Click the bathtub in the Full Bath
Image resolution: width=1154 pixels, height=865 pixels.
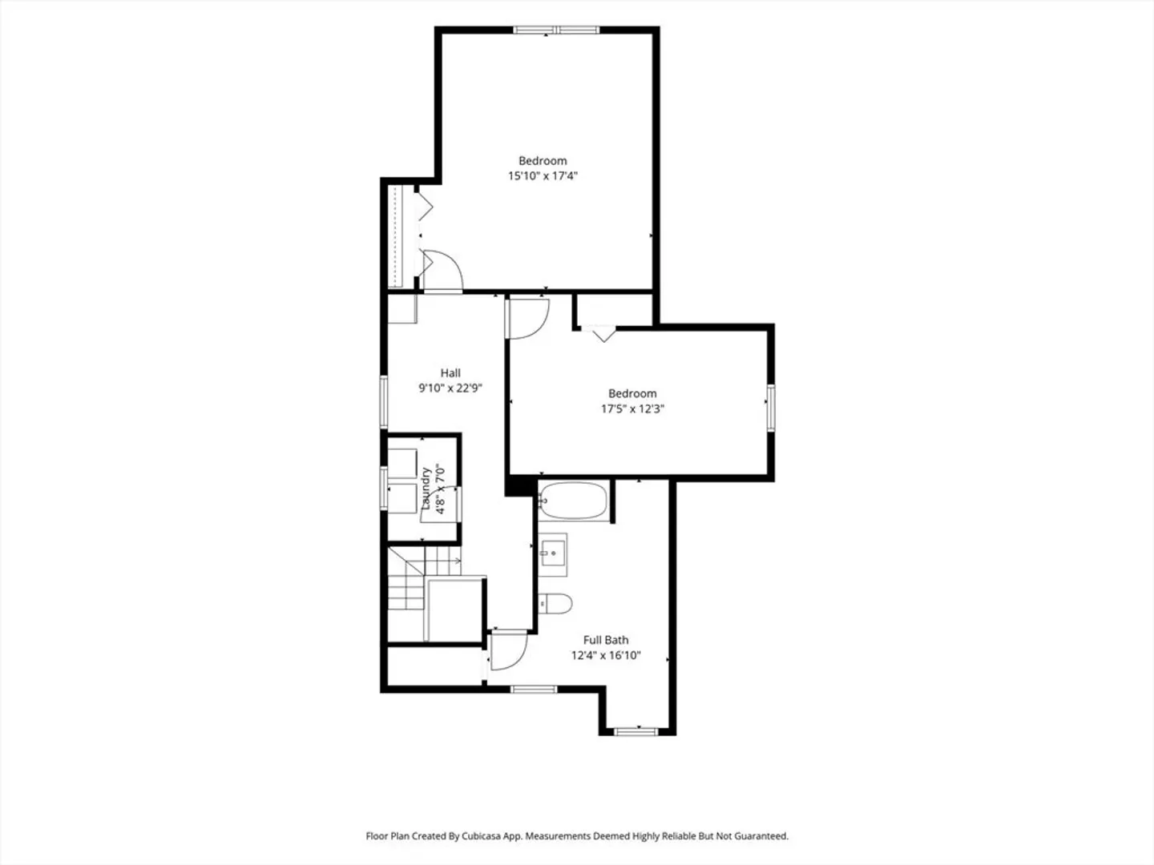tap(573, 501)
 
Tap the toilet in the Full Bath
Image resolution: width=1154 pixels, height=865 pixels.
tap(555, 604)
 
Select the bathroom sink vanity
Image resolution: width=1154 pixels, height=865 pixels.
tap(552, 553)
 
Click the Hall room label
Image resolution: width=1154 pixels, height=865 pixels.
tap(450, 373)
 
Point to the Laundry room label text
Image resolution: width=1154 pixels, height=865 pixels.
tap(426, 489)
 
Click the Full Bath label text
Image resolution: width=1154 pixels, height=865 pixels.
tap(606, 640)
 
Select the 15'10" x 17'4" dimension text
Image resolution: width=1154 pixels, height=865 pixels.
tap(543, 176)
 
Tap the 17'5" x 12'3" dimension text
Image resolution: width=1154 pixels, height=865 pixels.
tap(632, 408)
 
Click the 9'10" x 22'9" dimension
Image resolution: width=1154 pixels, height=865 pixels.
tap(450, 388)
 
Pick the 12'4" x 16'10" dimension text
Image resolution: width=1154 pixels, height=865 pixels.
tap(606, 655)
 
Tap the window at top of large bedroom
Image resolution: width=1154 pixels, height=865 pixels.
tap(556, 30)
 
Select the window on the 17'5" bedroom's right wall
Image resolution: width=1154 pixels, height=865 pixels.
tap(771, 408)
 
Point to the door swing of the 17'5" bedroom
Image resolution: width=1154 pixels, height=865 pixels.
tap(528, 318)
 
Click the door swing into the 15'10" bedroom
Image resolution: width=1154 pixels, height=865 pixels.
tap(442, 271)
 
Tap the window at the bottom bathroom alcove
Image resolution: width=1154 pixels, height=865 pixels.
tap(636, 731)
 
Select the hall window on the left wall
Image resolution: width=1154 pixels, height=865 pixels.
tap(384, 402)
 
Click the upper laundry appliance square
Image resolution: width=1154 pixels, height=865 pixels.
tap(402, 464)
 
